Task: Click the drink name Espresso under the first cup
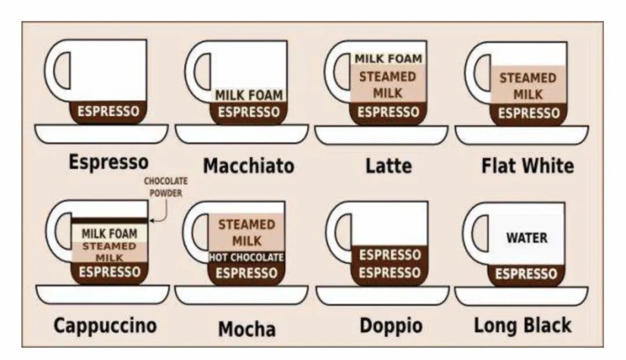[x=108, y=162]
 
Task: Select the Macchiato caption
[x=248, y=166]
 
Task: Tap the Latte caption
[x=388, y=166]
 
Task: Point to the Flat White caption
[x=527, y=166]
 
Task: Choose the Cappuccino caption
[x=105, y=325]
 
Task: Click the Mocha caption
[x=246, y=329]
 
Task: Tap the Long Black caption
[x=522, y=325]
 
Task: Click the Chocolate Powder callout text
[x=166, y=187]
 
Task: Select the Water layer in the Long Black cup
[x=526, y=238]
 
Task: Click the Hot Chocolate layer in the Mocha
[x=246, y=257]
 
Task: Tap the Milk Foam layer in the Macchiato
[x=249, y=95]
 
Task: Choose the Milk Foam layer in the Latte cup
[x=388, y=59]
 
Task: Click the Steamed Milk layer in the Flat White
[x=527, y=85]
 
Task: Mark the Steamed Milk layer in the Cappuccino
[x=109, y=252]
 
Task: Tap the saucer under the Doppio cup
[x=383, y=295]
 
